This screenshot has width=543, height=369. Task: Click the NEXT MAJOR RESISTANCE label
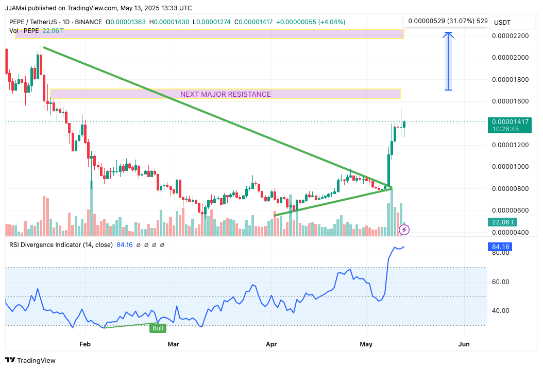[225, 94]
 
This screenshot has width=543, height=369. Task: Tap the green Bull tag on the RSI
[158, 328]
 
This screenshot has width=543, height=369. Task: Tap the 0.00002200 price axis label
[511, 36]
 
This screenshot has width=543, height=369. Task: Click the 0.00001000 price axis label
[511, 167]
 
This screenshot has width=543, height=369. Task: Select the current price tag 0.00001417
[511, 122]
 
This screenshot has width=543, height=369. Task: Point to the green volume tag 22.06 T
[499, 222]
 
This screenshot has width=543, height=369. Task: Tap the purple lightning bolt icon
[404, 230]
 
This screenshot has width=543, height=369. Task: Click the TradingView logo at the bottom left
[30, 360]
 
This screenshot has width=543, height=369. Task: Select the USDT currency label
[502, 23]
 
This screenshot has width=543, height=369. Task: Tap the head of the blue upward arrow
[448, 34]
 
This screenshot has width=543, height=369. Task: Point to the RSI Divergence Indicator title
[61, 245]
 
